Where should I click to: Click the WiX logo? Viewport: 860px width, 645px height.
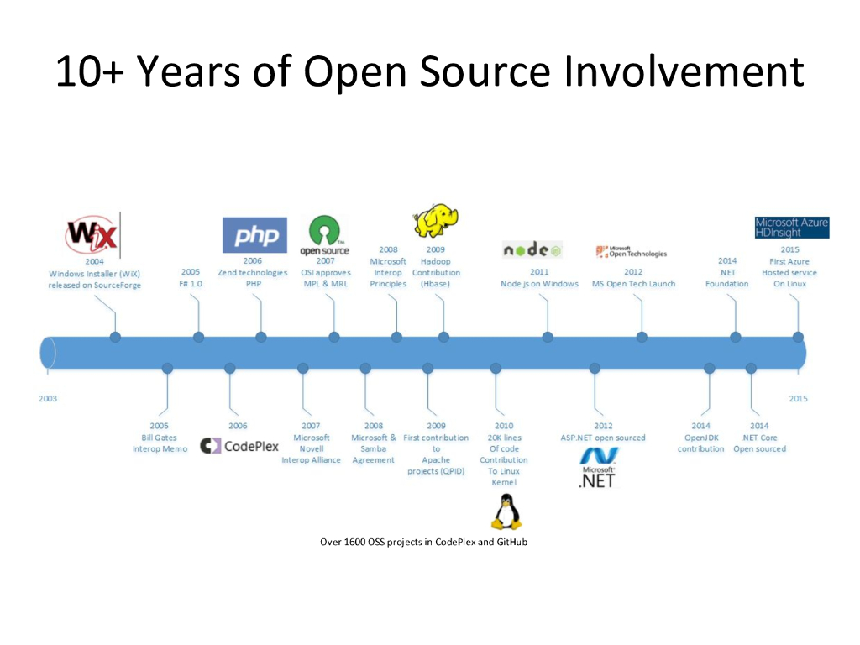pyautogui.click(x=92, y=234)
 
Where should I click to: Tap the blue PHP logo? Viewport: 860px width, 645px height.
pyautogui.click(x=254, y=235)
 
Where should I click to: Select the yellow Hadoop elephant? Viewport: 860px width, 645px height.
pyautogui.click(x=436, y=221)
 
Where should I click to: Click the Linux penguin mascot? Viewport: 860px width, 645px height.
pyautogui.click(x=505, y=511)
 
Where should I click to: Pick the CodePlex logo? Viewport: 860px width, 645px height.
pyautogui.click(x=240, y=446)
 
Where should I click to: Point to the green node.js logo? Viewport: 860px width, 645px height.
pyautogui.click(x=532, y=249)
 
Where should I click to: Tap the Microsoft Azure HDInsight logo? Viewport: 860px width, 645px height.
pyautogui.click(x=791, y=228)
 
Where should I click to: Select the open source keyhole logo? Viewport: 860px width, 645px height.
pyautogui.click(x=324, y=236)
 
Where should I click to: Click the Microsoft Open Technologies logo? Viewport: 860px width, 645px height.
pyautogui.click(x=631, y=251)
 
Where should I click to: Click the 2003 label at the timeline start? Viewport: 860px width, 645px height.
pyautogui.click(x=48, y=398)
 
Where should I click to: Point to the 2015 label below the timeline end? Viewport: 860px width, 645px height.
pyautogui.click(x=798, y=398)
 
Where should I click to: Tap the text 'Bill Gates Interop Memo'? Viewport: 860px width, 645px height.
pyautogui.click(x=160, y=443)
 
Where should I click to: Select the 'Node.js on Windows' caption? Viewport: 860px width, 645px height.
pyautogui.click(x=539, y=284)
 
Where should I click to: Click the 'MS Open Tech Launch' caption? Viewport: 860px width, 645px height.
pyautogui.click(x=633, y=284)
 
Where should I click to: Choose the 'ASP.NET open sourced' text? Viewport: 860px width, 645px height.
pyautogui.click(x=603, y=438)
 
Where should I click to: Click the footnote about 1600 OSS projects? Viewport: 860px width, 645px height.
pyautogui.click(x=423, y=542)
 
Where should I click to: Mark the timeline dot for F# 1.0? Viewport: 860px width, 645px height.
pyautogui.click(x=198, y=338)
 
